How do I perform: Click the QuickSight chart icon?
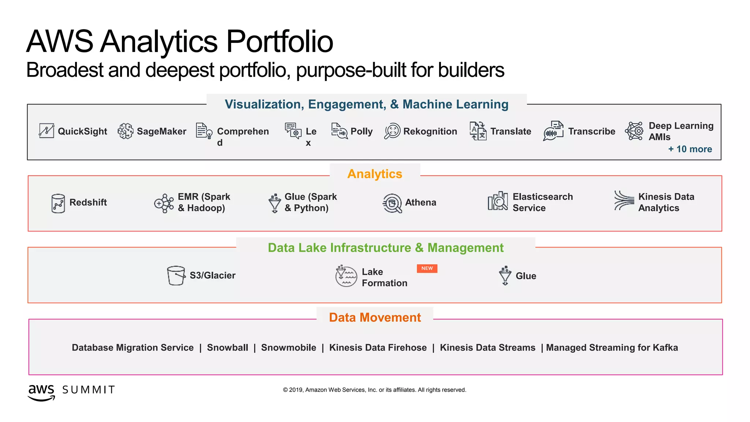(47, 131)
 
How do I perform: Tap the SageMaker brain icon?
(125, 131)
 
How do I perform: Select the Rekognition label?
(430, 132)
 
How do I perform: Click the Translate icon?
(478, 131)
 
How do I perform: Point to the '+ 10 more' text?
(690, 149)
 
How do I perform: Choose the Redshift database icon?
(58, 203)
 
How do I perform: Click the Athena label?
(420, 203)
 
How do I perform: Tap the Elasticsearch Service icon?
(498, 201)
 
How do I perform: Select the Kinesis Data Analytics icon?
(624, 200)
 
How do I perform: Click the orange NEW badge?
(427, 269)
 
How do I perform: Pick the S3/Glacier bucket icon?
(176, 275)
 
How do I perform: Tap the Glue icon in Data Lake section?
(505, 275)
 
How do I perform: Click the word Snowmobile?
(289, 348)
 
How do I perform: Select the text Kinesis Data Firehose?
(378, 348)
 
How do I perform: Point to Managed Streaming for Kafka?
(612, 348)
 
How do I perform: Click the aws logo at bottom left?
(41, 392)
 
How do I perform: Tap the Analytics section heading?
(375, 174)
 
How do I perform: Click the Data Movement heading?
(375, 318)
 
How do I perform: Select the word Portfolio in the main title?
(279, 41)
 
